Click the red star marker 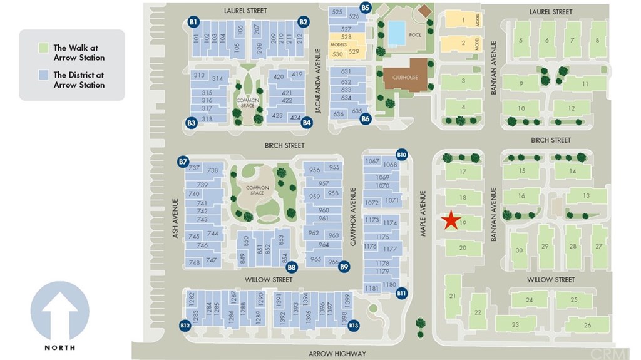[450, 220]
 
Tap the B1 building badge [193, 22]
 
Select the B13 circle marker [354, 326]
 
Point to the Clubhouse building [405, 75]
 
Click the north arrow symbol [60, 311]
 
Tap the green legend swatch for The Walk [43, 48]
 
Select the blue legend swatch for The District [43, 75]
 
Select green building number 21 [452, 296]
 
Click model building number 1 [463, 20]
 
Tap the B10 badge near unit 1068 [402, 154]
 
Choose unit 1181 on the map [372, 288]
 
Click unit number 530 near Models [337, 54]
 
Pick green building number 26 [587, 325]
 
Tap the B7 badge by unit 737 [183, 162]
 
